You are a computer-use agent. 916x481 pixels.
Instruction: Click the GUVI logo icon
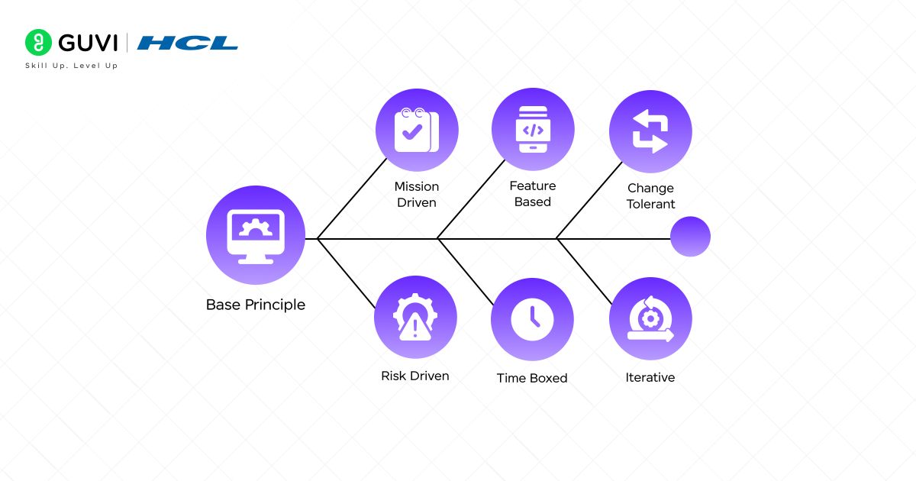[37, 42]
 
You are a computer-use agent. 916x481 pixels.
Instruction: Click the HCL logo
[188, 43]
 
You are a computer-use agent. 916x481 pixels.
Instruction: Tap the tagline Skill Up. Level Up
[72, 66]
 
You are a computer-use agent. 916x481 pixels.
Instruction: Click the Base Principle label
[256, 305]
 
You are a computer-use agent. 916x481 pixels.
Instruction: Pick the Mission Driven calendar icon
[417, 130]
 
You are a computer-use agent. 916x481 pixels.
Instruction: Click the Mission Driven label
[417, 195]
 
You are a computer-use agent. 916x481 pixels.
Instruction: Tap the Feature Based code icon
[532, 129]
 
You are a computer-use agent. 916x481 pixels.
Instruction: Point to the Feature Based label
[533, 194]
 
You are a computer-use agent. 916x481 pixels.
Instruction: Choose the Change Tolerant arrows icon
[650, 131]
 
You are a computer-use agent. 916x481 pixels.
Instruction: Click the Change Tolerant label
[650, 196]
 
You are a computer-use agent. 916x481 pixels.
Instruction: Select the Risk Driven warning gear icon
[415, 317]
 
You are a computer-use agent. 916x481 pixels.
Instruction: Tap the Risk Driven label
[415, 376]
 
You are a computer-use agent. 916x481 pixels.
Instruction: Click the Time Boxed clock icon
[532, 319]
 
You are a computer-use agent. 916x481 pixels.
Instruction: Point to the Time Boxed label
[532, 378]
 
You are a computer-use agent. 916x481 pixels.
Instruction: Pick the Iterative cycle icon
[650, 319]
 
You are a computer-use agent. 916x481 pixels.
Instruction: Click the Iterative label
[650, 377]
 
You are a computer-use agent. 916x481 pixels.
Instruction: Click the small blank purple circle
[690, 237]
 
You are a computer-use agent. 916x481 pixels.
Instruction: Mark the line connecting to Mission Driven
[351, 199]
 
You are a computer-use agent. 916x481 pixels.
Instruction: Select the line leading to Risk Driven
[347, 274]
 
